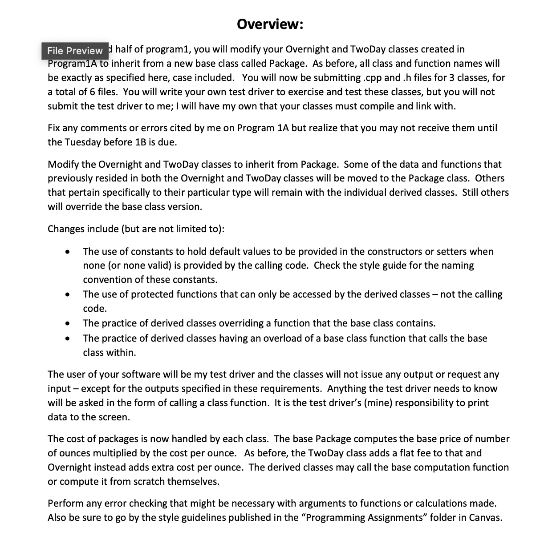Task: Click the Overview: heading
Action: coord(270,24)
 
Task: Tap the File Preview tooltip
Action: coord(75,51)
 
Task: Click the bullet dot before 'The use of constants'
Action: coord(67,252)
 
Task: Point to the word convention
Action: coord(106,280)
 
